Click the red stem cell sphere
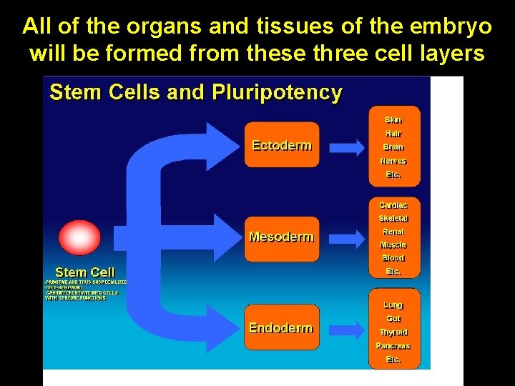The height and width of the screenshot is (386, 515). click(x=79, y=238)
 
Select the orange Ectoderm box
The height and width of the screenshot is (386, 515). click(x=282, y=145)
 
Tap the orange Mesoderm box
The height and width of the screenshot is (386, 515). click(x=282, y=237)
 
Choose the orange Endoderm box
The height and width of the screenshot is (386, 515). click(x=282, y=328)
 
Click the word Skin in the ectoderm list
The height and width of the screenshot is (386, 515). click(x=393, y=119)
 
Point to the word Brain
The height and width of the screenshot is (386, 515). click(x=393, y=147)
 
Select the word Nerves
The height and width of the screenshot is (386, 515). click(x=393, y=161)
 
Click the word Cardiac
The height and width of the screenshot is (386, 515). click(x=393, y=205)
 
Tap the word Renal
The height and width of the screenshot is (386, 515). click(x=393, y=232)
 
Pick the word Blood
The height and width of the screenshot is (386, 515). click(x=393, y=258)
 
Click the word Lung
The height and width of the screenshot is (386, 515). click(x=393, y=305)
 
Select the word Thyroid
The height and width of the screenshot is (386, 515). click(x=393, y=332)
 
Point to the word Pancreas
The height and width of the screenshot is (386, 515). click(x=393, y=346)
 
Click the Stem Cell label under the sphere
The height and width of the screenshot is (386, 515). click(x=84, y=272)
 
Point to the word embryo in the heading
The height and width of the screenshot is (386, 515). click(x=449, y=26)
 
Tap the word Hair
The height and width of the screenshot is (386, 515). click(x=393, y=134)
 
